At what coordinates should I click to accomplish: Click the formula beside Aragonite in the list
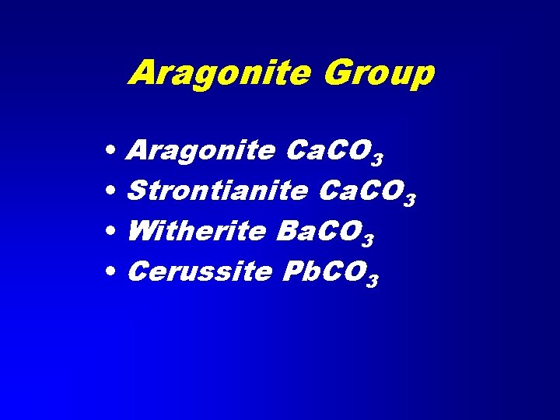tap(334, 150)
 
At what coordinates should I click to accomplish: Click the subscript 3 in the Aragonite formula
tap(376, 159)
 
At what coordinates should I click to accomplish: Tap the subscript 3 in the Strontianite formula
tap(410, 200)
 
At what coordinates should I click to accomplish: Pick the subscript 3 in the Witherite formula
tap(368, 240)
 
